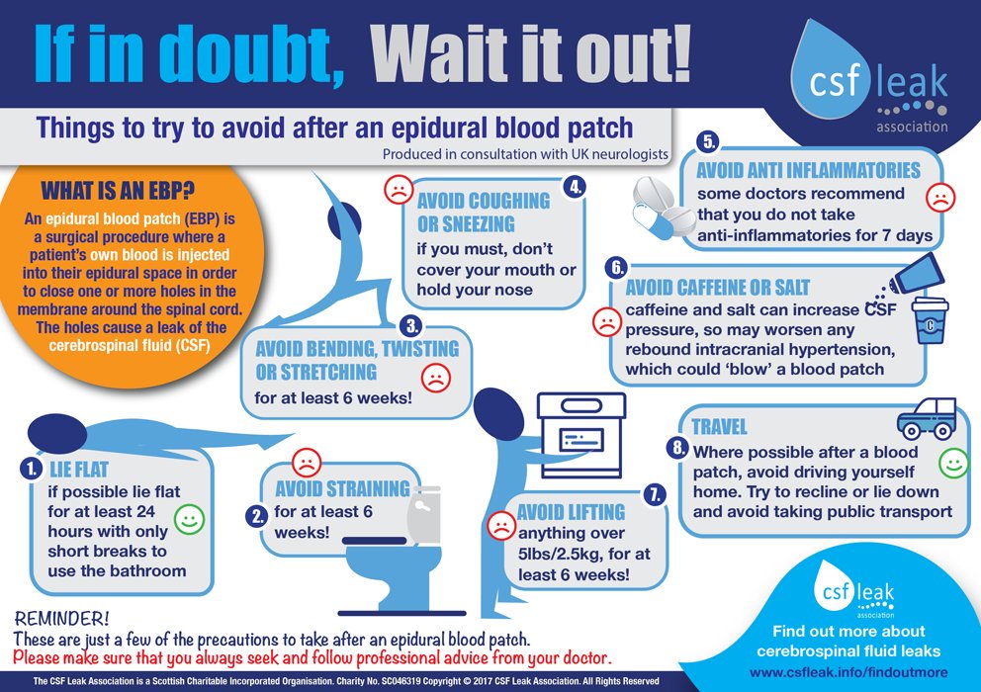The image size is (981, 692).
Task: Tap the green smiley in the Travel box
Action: pos(952,462)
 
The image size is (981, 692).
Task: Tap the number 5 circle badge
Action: pos(709,140)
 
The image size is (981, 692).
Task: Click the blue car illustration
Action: pos(926,419)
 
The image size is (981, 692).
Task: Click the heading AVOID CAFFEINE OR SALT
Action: pos(718,289)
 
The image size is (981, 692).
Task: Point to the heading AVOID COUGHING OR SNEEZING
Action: pos(483,212)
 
